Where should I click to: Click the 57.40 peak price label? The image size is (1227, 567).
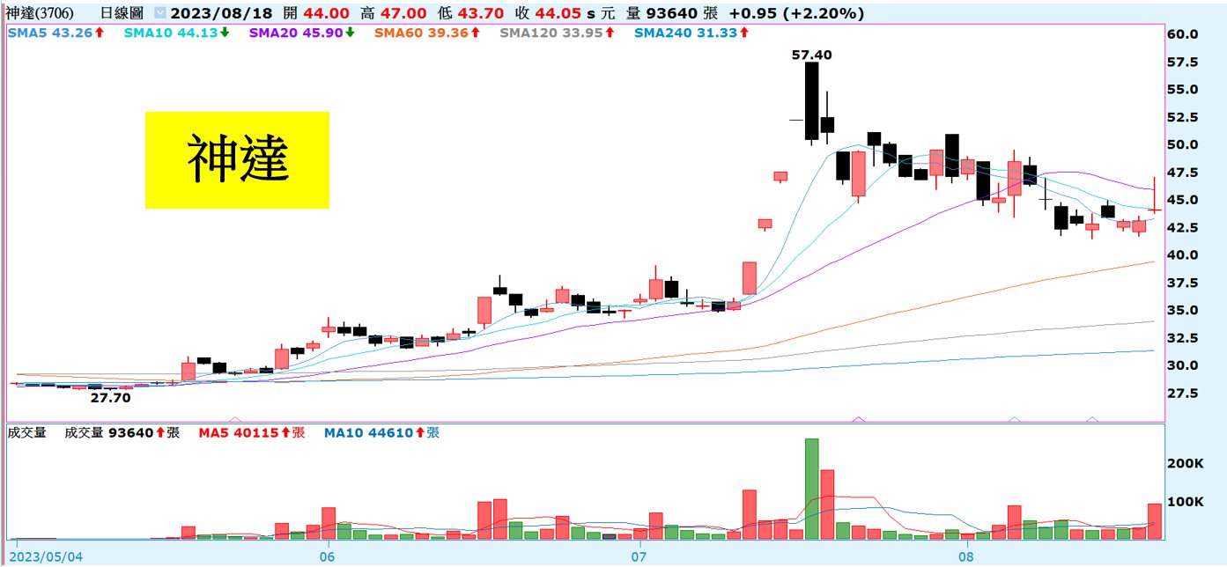pos(811,55)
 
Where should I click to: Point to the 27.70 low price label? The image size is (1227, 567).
pos(111,398)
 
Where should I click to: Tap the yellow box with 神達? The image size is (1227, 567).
pos(237,159)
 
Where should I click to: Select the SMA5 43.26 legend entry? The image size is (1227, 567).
pos(55,33)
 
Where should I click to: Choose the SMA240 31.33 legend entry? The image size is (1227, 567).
pos(688,33)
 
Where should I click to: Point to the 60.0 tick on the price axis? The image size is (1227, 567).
pos(1181,34)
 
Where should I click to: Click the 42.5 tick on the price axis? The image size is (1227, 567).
pos(1181,227)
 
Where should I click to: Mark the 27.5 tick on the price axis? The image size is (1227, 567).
pos(1181,393)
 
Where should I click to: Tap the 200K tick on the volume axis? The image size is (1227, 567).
pos(1186,463)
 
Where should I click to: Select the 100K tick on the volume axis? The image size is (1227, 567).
pos(1186,502)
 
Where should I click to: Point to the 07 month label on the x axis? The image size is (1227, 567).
pos(639,557)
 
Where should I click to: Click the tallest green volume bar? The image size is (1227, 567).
pos(811,489)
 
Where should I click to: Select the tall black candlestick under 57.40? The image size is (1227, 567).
pos(811,101)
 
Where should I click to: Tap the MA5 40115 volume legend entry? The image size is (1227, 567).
pos(251,432)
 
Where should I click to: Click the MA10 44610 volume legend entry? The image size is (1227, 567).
pos(381,432)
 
